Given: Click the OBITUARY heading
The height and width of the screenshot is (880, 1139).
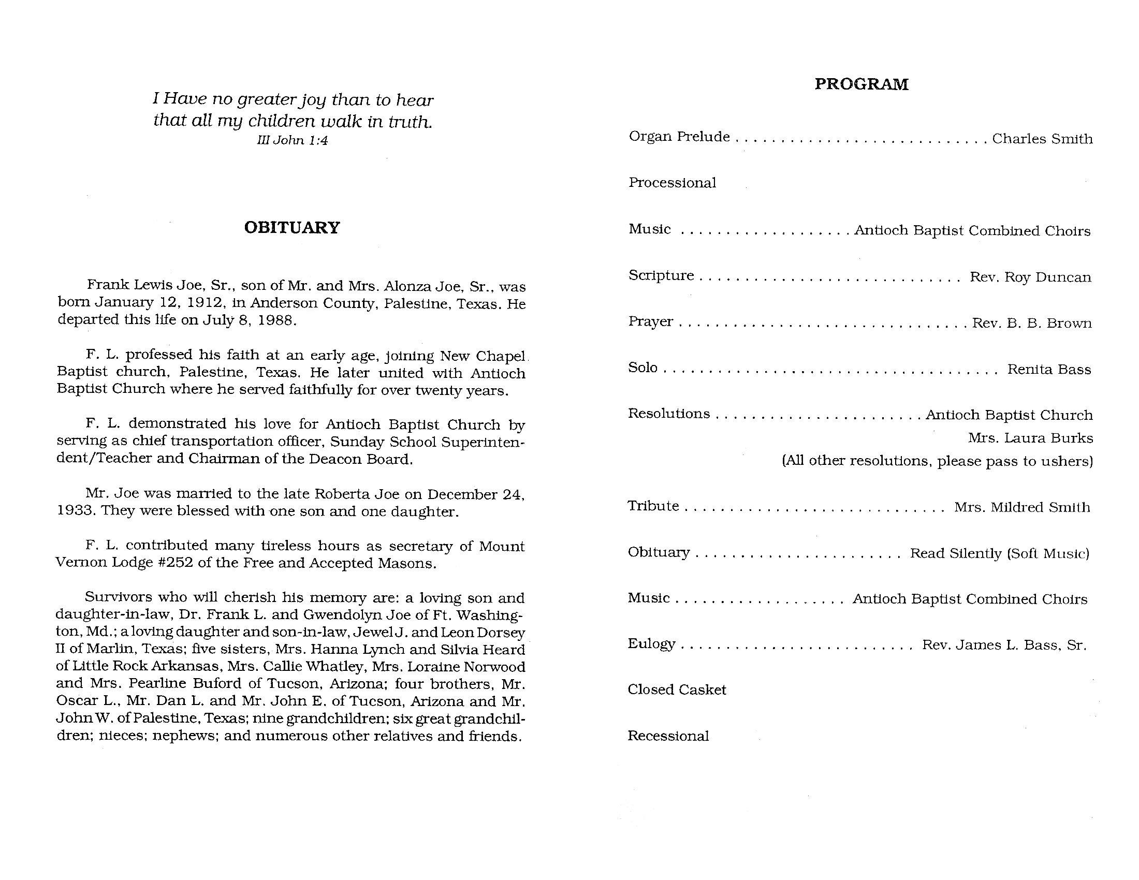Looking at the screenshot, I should point(291,228).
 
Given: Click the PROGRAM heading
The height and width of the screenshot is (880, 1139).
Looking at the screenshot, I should point(861,84).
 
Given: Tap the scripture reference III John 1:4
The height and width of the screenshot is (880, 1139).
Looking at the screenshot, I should point(292,140).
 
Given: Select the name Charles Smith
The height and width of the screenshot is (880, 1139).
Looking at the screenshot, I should point(1042,139).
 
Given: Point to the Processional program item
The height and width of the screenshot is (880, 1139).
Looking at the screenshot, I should point(671,183).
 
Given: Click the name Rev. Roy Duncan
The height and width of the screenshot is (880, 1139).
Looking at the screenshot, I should point(1030,277).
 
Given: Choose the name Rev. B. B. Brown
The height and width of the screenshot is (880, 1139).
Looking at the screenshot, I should point(1031,323).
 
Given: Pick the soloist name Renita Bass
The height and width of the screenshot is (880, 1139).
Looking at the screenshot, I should point(1049,370).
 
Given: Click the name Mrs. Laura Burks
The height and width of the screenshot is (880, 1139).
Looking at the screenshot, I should point(1030,438).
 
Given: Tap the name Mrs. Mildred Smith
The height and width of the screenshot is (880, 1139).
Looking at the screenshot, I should point(1021,507).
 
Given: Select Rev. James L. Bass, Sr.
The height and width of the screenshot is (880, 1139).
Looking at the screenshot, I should point(1004,646).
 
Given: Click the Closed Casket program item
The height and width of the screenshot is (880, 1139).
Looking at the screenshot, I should point(677,690).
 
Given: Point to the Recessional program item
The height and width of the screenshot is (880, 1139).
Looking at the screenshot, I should point(667,736).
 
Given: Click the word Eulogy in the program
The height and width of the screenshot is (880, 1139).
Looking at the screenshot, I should point(651,644).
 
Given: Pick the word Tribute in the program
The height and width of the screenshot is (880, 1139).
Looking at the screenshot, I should point(653,506).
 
